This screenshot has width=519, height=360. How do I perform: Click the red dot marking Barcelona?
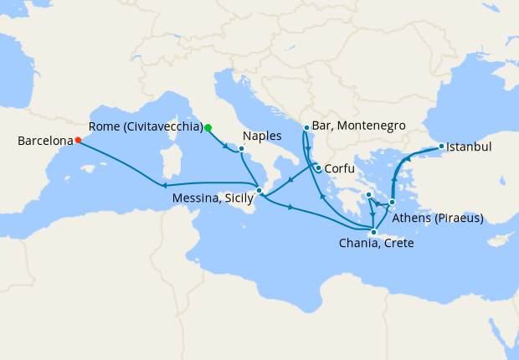pyautogui.click(x=77, y=141)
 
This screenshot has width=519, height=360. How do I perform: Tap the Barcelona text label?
pyautogui.click(x=44, y=141)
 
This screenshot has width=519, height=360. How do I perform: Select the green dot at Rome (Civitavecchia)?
pyautogui.click(x=208, y=127)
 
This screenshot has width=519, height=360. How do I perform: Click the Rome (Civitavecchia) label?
pyautogui.click(x=146, y=127)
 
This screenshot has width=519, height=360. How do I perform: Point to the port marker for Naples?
pyautogui.click(x=241, y=149)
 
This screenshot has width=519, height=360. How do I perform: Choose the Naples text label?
pyautogui.click(x=261, y=136)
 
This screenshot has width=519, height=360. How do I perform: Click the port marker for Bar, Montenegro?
pyautogui.click(x=306, y=127)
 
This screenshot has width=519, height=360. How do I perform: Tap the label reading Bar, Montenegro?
pyautogui.click(x=359, y=126)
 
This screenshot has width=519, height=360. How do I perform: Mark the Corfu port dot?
pyautogui.click(x=318, y=167)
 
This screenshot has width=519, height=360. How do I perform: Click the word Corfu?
pyautogui.click(x=343, y=167)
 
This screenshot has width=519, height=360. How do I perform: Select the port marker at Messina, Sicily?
pyautogui.click(x=259, y=191)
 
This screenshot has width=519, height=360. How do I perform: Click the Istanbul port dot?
pyautogui.click(x=441, y=147)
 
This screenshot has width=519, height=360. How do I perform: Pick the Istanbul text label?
pyautogui.click(x=469, y=147)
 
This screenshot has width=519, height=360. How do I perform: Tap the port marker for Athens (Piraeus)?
pyautogui.click(x=392, y=202)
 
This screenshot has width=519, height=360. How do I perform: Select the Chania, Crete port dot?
pyautogui.click(x=373, y=232)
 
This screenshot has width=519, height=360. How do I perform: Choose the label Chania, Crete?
pyautogui.click(x=376, y=244)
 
